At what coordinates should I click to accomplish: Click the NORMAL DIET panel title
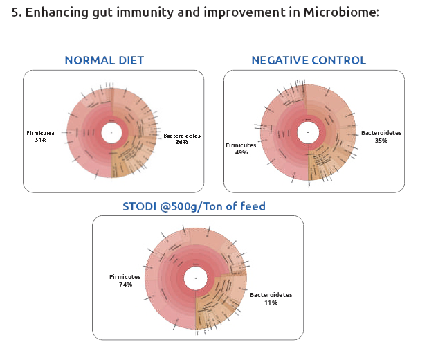tap(104, 60)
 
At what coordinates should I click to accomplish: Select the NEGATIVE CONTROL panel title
tap(309, 60)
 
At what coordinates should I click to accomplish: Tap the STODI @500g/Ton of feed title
tap(193, 206)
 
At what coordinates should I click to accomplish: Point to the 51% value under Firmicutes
tap(40, 140)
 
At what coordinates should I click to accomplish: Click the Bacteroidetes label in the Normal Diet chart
tap(182, 136)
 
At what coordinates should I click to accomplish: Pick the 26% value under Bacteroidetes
tap(182, 143)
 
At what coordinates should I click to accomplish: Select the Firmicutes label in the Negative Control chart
tap(241, 145)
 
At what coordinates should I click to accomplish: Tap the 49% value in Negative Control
tap(241, 152)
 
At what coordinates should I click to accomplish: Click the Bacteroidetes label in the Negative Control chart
tap(381, 133)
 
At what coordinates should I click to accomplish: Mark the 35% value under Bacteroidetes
tap(381, 141)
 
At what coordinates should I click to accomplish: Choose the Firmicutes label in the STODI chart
tap(125, 277)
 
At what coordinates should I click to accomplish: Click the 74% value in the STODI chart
tap(125, 285)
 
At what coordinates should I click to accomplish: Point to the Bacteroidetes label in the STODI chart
tap(271, 295)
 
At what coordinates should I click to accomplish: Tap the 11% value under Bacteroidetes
tap(271, 303)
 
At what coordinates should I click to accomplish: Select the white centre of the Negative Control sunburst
tap(308, 132)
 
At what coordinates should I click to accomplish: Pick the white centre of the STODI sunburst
tap(196, 278)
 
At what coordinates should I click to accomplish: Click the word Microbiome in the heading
tap(345, 13)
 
